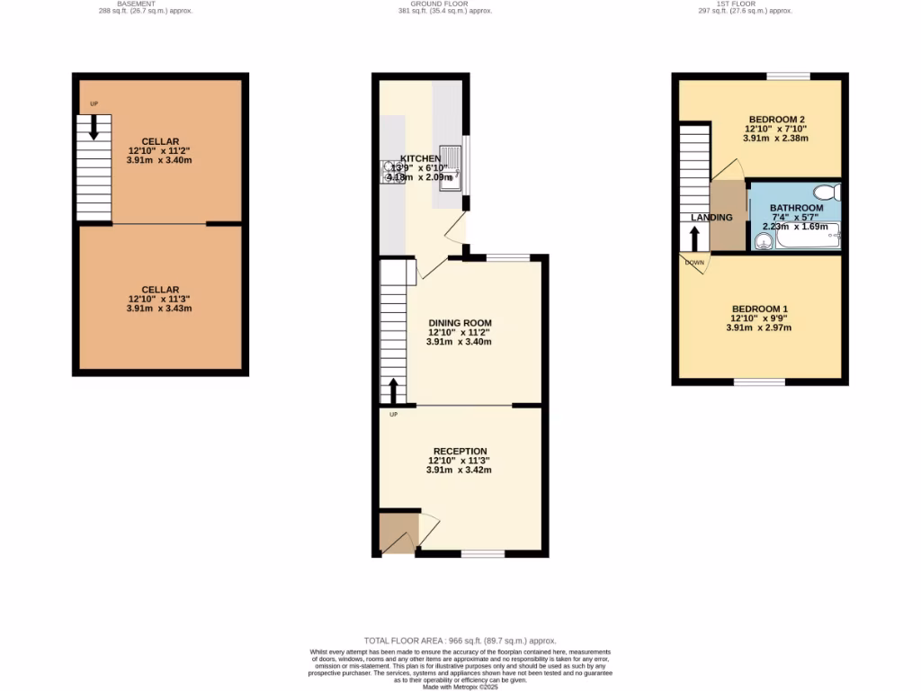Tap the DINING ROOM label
coord(460,323)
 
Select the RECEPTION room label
coord(460,451)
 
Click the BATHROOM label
coord(796,208)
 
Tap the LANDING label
coord(711,218)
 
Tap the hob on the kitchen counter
coord(393,170)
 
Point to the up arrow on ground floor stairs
coord(393,391)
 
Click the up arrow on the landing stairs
coord(694,238)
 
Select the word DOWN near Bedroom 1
coord(694,263)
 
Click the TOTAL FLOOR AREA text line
coord(460,641)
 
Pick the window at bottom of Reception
coord(483,553)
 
